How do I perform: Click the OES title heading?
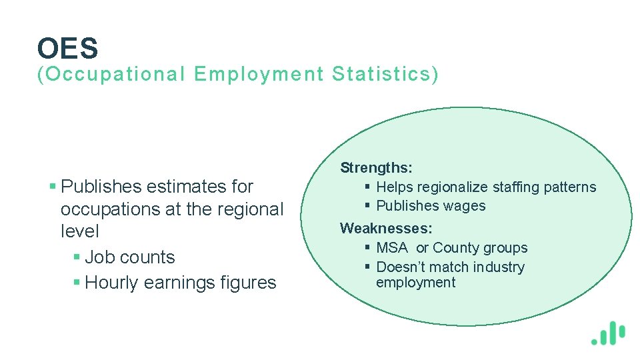68,48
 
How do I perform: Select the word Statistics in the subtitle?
385,75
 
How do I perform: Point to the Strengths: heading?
376,167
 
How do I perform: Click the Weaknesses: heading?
386,229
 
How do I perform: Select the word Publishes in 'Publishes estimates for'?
100,186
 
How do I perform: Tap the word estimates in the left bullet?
186,186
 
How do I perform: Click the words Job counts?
130,257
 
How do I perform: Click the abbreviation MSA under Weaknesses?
392,248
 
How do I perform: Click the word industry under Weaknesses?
498,267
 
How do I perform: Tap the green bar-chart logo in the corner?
608,333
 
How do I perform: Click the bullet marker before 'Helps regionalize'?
367,187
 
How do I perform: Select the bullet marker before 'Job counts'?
77,257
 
